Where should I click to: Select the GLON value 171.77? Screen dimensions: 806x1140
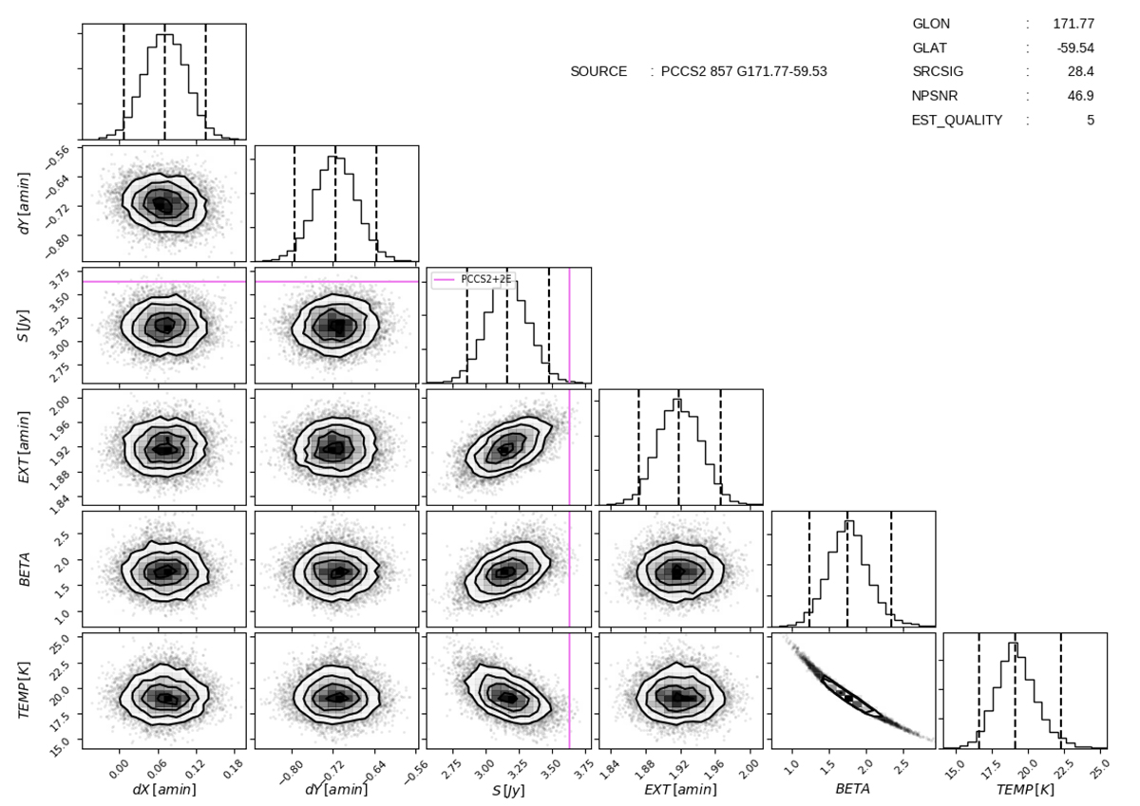tap(1073, 23)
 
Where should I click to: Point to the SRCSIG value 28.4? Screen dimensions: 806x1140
tap(1081, 72)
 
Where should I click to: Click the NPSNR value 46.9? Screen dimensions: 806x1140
tap(1081, 96)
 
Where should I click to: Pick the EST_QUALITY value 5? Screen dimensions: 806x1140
tap(1091, 121)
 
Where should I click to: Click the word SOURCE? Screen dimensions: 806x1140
tap(598, 71)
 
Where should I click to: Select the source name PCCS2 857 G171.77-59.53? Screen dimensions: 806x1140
tap(744, 71)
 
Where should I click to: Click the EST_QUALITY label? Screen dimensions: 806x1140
tap(957, 121)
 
